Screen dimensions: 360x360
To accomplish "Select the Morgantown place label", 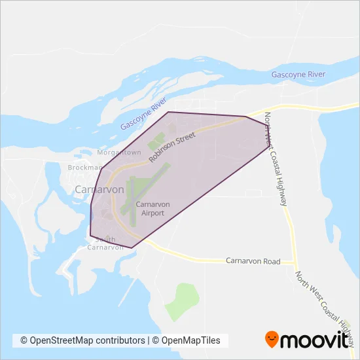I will tap(118, 153).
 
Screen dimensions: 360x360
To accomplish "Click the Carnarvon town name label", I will tap(99, 189).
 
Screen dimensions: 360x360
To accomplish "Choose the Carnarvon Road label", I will tap(253, 261).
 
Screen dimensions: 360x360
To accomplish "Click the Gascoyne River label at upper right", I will tap(298, 75).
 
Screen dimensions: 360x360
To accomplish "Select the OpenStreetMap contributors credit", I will tap(82, 340).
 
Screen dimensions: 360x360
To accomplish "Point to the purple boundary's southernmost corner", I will tap(132, 247).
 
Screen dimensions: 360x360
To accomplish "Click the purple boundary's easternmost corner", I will tap(269, 145).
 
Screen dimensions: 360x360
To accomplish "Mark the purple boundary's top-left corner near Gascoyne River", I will tap(169, 112).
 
